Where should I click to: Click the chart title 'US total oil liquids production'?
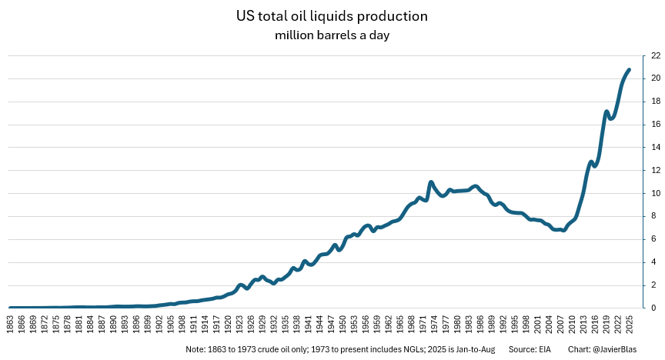332,15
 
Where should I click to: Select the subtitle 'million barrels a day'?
332,35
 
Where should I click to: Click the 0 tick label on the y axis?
653,308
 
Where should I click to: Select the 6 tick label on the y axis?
653,239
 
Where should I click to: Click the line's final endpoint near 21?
629,70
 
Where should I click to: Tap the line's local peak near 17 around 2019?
607,112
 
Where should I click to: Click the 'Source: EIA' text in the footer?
531,349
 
